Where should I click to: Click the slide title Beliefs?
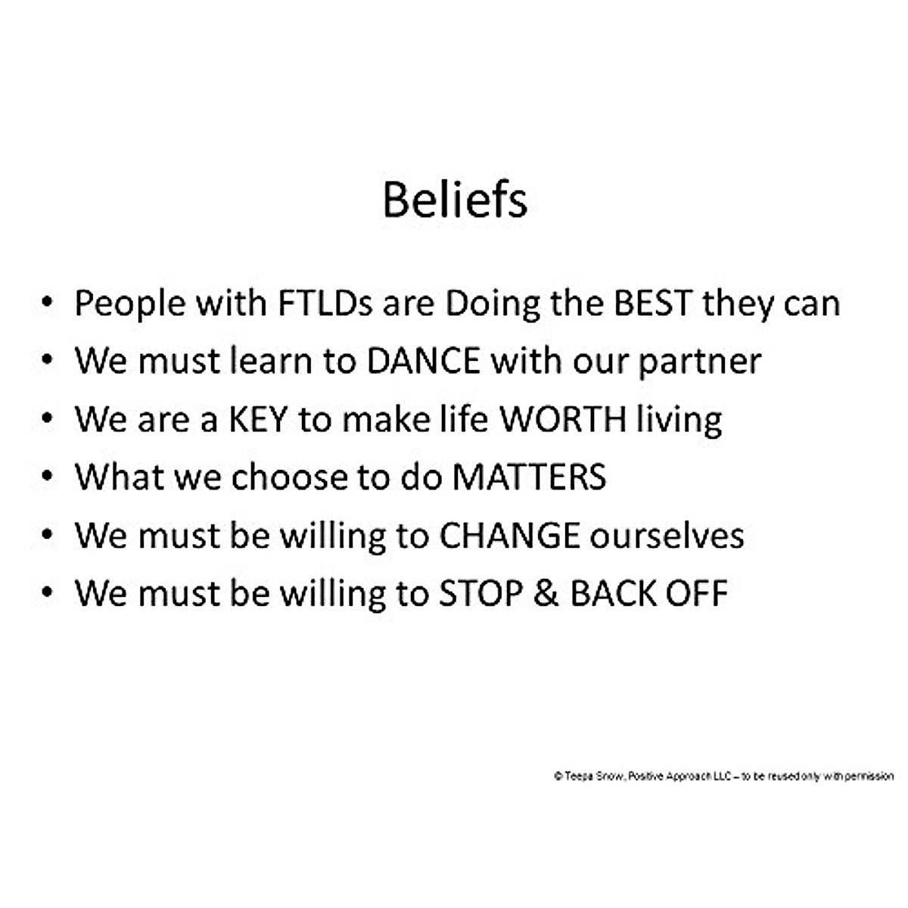[455, 199]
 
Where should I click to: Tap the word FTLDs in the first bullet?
[325, 303]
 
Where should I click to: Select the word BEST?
[653, 303]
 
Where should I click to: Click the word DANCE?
[424, 362]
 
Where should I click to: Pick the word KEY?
[258, 419]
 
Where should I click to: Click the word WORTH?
[563, 419]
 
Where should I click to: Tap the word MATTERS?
[529, 477]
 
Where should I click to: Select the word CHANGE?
[509, 536]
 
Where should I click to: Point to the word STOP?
[480, 593]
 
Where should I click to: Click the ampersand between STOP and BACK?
[546, 593]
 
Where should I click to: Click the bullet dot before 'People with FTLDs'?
[47, 302]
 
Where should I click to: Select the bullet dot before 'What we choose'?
[47, 476]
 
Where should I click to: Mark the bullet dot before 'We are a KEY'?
[47, 418]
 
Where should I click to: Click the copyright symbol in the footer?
[558, 776]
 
